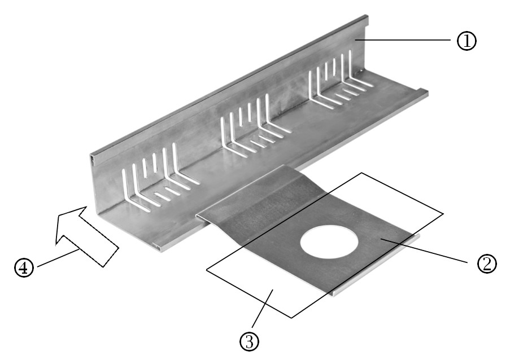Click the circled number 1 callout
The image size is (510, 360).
(467, 41)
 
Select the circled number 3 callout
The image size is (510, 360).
(250, 342)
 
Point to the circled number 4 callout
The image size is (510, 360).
(24, 267)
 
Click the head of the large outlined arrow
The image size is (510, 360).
(70, 224)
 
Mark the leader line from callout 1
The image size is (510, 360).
(403, 40)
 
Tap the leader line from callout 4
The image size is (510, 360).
(57, 258)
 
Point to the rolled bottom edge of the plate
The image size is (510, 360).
(376, 264)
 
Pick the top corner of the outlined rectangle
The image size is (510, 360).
(361, 173)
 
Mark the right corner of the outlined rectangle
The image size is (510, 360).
(443, 213)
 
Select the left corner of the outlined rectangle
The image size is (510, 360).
(207, 270)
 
